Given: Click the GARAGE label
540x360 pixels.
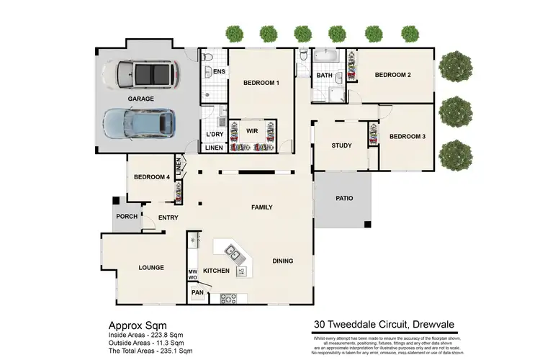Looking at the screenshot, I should [140, 99].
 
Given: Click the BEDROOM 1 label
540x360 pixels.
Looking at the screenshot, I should [261, 84].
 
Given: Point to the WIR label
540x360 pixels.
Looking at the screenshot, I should [252, 131].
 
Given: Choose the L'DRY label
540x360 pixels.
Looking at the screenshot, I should [214, 135].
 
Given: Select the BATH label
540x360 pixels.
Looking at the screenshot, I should [324, 75].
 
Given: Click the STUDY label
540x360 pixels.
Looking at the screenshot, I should [341, 145].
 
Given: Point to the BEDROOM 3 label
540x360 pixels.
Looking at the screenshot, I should [407, 137].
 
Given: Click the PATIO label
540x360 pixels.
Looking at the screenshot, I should [344, 198].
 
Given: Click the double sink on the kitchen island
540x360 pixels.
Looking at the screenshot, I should [234, 252].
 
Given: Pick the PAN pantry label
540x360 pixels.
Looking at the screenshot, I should [197, 292].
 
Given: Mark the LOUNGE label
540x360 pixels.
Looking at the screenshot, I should [152, 268].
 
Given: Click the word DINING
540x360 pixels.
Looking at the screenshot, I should [283, 261].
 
